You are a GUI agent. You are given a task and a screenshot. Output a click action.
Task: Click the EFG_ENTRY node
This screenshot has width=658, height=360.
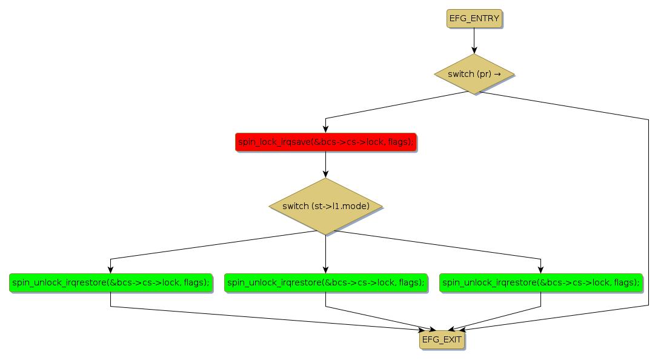coord(474,19)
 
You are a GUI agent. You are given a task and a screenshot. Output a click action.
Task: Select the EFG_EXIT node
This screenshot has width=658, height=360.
coord(442,340)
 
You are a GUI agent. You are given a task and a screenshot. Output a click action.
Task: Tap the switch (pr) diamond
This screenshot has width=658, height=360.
coord(474,74)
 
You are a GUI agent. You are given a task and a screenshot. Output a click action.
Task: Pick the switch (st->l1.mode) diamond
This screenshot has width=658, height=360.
coord(325,206)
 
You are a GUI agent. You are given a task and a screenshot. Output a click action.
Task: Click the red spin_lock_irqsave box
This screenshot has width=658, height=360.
coord(325,142)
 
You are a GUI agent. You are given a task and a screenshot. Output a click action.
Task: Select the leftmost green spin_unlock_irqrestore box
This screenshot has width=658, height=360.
coord(110,282)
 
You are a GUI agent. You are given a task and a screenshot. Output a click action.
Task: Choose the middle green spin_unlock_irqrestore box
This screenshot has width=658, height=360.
coord(325,282)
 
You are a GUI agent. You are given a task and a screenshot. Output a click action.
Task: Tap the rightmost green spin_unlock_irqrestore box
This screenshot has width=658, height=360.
coord(540,282)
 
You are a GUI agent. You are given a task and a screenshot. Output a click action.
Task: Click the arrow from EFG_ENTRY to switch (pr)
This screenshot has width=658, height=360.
coord(474,41)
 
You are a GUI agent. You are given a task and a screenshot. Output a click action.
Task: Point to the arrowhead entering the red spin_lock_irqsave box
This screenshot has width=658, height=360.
coord(325,128)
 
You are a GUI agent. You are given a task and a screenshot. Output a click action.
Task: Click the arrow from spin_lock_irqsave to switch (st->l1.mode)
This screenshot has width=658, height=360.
coord(325,164)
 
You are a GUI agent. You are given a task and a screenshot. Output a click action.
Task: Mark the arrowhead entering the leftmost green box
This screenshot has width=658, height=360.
coord(110,270)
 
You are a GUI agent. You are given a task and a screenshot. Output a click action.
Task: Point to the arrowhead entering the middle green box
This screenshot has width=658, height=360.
coord(325,270)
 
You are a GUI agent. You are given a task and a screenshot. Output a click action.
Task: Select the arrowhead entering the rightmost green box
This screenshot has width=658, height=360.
coord(540,270)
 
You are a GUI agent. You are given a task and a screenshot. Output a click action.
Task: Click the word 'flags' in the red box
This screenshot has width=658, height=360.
coord(400,142)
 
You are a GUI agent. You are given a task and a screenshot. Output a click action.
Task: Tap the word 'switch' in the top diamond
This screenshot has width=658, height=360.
coord(460,74)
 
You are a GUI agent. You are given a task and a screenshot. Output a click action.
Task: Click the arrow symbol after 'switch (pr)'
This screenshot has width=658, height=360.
coord(497,74)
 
